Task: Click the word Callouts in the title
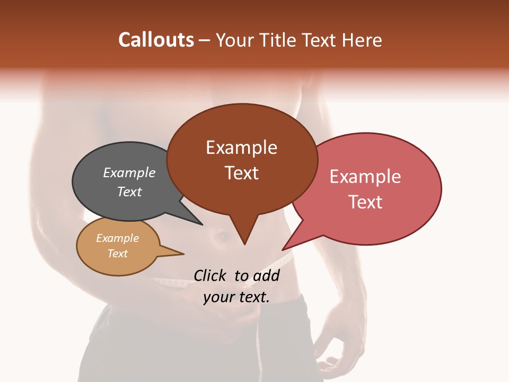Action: pos(156,40)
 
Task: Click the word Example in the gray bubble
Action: pos(129,172)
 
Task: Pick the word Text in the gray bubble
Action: pos(129,192)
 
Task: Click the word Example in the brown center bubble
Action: pos(241,147)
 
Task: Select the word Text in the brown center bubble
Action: pos(241,173)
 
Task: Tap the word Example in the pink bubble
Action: pos(365,177)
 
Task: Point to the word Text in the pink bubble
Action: pos(365,202)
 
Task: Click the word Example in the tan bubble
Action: pos(117,238)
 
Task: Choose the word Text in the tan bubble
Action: pos(117,254)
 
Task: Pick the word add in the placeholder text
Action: pos(267,275)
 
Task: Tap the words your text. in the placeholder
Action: pos(236,297)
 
